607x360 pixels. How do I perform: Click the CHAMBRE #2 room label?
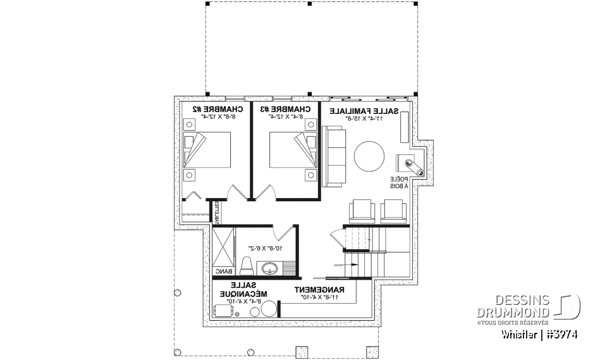point(213,109)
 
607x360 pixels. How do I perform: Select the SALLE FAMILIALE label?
point(364,110)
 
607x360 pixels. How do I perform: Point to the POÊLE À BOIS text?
point(399,183)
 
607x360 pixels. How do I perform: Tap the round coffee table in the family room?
point(369,156)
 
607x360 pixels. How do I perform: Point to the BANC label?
point(223,271)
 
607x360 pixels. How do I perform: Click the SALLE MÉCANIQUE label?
point(240,290)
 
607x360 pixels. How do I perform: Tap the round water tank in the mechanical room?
point(269,309)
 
